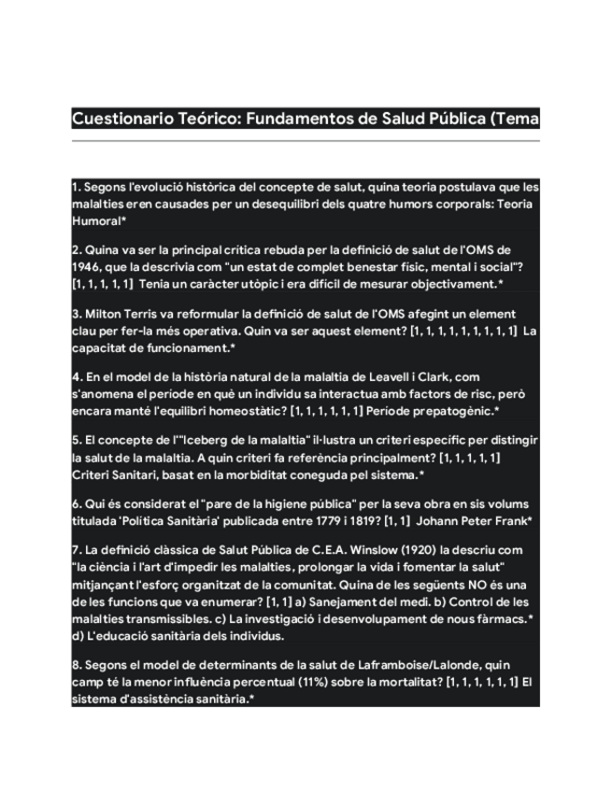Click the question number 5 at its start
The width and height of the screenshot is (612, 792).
point(76,441)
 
